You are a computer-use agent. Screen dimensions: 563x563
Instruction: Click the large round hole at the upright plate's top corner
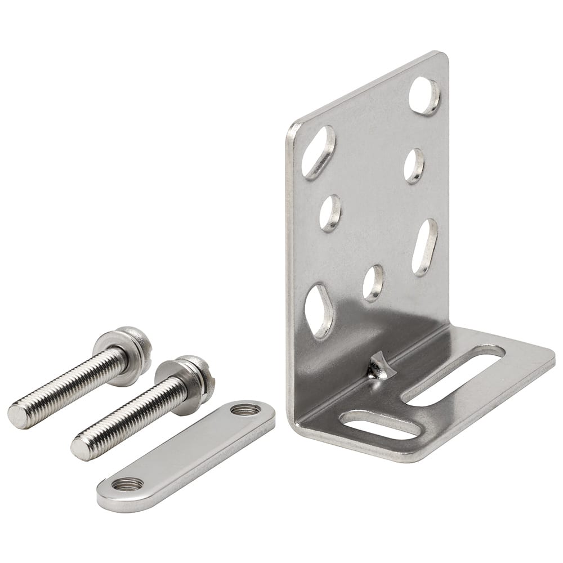click(x=424, y=96)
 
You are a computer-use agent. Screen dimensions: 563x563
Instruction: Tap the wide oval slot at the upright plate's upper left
click(x=318, y=152)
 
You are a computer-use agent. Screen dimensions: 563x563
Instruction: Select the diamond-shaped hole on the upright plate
click(x=318, y=311)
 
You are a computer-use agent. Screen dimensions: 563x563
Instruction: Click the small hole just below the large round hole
click(x=414, y=166)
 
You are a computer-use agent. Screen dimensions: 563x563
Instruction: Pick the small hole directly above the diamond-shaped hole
click(x=330, y=213)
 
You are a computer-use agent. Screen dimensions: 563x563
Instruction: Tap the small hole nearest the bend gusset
click(x=373, y=282)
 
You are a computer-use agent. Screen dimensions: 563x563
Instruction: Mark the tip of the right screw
click(x=81, y=449)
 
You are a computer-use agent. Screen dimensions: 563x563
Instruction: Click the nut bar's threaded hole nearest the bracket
click(x=245, y=409)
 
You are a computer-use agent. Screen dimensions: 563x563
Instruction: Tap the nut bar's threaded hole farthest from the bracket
click(x=127, y=484)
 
